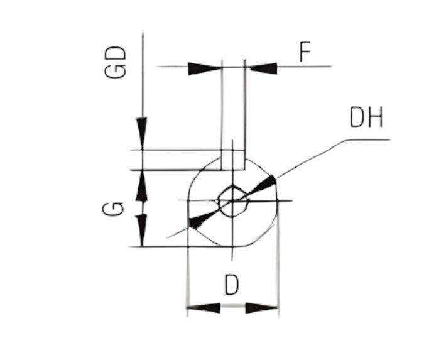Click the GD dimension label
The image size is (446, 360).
pos(116,62)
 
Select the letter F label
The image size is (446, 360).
pos(304,53)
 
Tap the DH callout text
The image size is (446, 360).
pos(366,118)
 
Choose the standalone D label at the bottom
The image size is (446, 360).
pos(232,286)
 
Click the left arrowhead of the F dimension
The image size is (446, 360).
pos(205,67)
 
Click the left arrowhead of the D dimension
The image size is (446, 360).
pos(204,308)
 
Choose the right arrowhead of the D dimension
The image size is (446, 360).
pos(261,308)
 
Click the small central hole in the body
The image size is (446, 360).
pos(233,201)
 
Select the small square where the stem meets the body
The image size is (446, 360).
pos(233,160)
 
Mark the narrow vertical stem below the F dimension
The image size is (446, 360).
pos(233,107)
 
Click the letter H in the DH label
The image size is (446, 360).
pos(375,118)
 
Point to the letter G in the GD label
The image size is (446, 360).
pos(116,70)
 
